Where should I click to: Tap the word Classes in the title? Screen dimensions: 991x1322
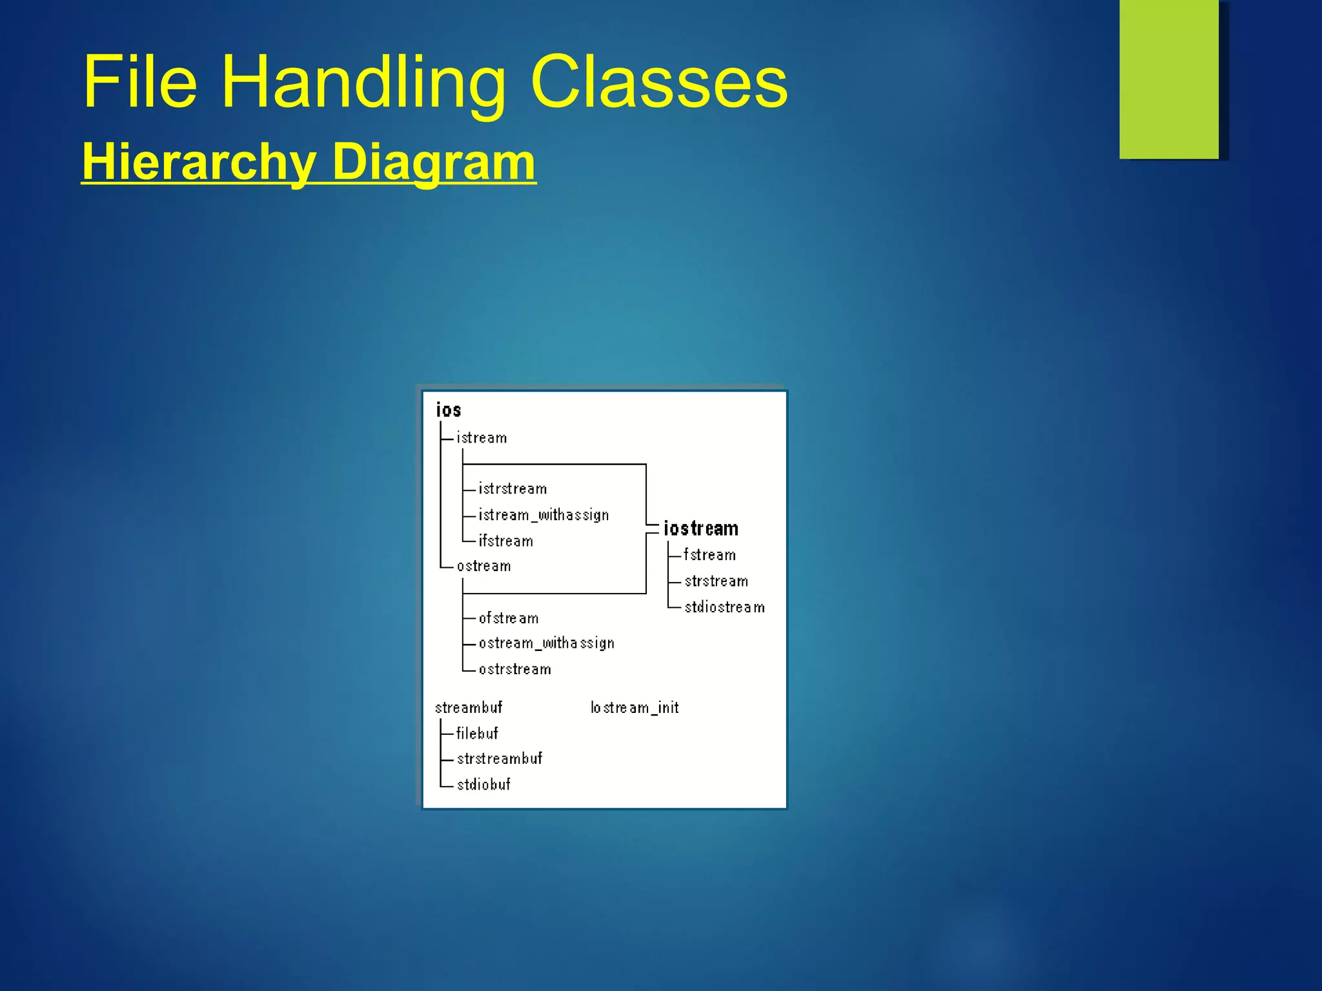point(659,83)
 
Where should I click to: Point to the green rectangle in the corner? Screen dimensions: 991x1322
point(1169,79)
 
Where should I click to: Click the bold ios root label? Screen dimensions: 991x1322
point(449,410)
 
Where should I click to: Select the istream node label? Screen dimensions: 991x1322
point(482,438)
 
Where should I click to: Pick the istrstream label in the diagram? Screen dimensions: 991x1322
point(513,489)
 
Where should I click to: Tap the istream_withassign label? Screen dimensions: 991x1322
point(544,515)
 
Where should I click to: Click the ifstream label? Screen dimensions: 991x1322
point(506,541)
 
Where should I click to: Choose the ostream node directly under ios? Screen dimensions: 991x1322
point(483,566)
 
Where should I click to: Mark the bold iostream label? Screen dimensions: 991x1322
point(701,529)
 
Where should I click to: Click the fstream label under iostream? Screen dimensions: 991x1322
point(709,555)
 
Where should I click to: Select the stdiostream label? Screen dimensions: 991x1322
point(724,607)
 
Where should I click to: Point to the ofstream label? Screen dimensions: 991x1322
point(509,618)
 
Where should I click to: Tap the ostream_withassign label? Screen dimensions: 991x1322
point(546,643)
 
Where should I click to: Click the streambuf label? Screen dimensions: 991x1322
point(469,708)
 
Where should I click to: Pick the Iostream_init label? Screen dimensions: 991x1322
point(635,708)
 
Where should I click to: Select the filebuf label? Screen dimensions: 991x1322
point(477,734)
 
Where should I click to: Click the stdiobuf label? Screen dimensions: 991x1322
point(483,785)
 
